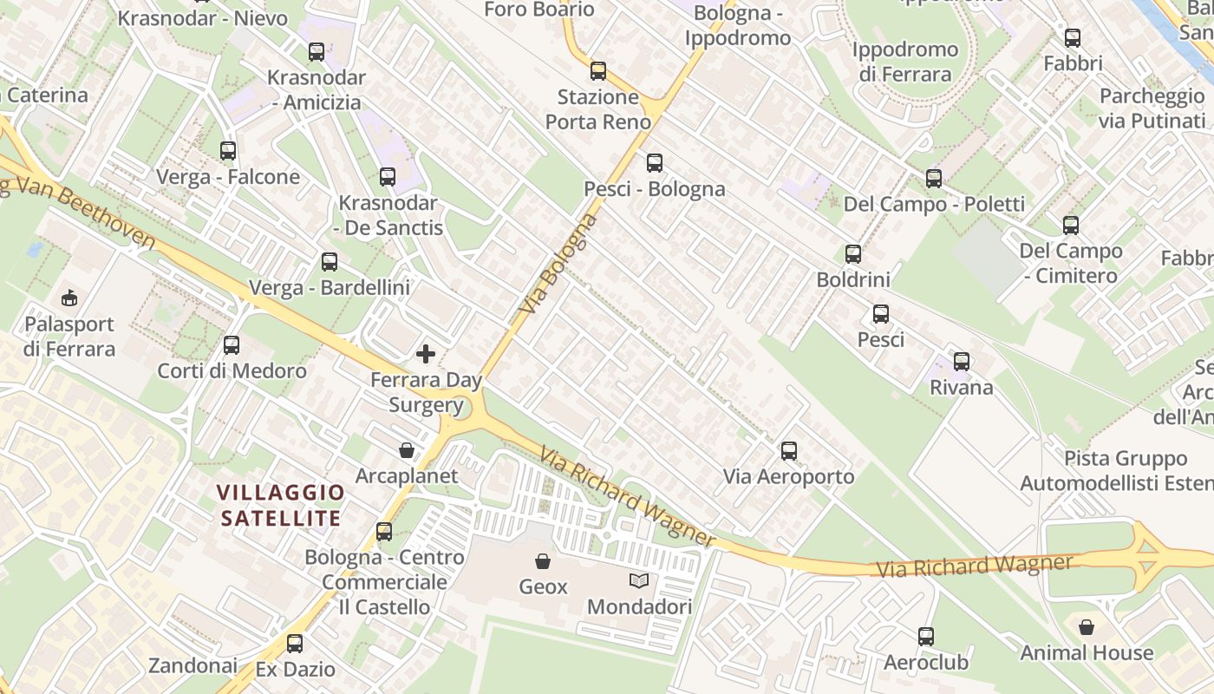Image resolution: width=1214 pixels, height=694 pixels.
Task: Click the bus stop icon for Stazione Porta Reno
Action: coord(598,71)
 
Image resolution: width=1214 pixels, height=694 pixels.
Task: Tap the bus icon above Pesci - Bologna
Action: coord(655,163)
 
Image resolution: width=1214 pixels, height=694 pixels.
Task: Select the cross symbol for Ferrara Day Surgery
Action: coord(426,354)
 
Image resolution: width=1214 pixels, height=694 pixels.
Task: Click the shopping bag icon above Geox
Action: coord(543,561)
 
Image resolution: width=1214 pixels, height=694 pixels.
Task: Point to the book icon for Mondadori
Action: coord(639,581)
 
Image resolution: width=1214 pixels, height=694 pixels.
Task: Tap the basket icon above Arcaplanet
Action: coord(407,450)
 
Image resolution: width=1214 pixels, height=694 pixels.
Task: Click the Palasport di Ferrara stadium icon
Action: coord(69,298)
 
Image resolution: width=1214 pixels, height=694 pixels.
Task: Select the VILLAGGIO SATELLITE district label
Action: coord(280,506)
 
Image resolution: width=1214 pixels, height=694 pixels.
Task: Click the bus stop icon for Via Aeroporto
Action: coord(789,451)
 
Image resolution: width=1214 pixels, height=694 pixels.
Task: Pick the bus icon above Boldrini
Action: coord(853,254)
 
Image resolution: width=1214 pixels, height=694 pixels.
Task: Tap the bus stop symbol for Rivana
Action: coord(962,362)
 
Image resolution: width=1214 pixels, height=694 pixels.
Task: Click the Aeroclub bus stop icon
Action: coord(926,637)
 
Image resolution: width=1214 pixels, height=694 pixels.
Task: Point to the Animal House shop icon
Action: coord(1087,626)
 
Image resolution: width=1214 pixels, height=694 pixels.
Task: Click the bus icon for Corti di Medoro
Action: coord(232,345)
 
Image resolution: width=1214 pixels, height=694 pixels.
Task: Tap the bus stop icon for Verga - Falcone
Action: coord(228,151)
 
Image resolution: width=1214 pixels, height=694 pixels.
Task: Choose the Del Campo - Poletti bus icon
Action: coord(934,179)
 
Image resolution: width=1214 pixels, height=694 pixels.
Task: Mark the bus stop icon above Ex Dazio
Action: coord(295,644)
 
